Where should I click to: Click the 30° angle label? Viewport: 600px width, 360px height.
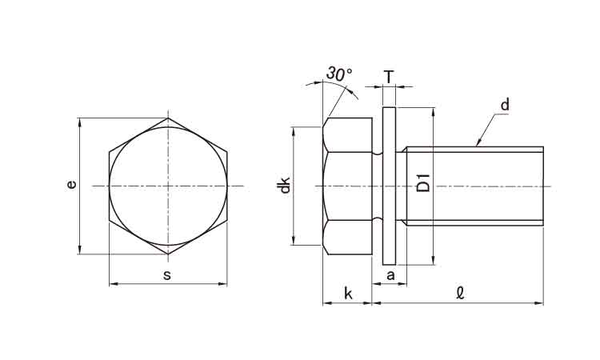point(339,74)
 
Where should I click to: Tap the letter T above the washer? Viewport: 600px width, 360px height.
point(389,78)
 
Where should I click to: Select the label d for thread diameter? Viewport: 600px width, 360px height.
point(505,105)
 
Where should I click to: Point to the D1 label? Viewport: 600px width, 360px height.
point(423,183)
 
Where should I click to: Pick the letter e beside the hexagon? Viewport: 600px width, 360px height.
point(71,185)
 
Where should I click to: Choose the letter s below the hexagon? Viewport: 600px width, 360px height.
point(167,275)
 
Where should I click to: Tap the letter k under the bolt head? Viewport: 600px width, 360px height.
point(348,294)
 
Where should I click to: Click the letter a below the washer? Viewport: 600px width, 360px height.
point(390,275)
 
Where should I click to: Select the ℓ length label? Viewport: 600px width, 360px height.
point(460,294)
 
